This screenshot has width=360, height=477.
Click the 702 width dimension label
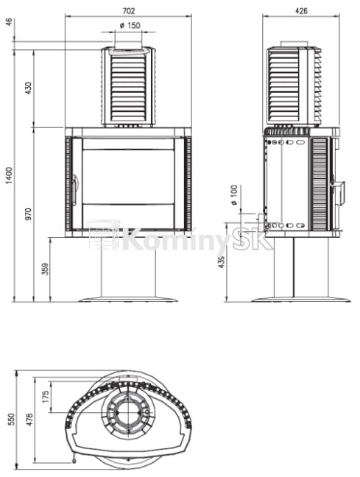[x=128, y=11]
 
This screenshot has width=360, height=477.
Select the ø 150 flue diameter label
[x=130, y=26]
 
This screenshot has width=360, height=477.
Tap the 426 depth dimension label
[x=301, y=11]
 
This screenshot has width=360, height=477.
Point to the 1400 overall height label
[x=10, y=175]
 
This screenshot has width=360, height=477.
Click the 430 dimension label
[x=28, y=88]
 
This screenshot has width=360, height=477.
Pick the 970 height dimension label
[x=28, y=214]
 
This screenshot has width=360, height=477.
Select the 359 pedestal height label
[x=45, y=269]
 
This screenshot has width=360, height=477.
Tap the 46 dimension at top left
[x=10, y=22]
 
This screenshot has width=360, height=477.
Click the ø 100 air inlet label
[x=233, y=195]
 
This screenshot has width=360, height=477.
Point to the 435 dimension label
[x=222, y=262]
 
